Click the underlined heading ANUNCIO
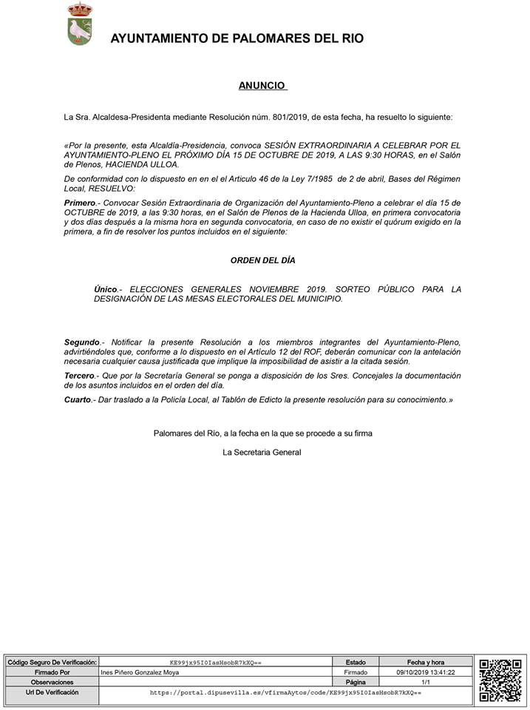(262, 86)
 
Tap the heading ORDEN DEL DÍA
(262, 260)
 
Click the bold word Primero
(81, 202)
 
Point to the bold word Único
(106, 289)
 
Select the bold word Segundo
(81, 342)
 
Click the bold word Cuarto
(77, 399)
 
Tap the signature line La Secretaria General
(262, 452)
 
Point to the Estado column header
(355, 662)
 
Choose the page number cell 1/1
(425, 683)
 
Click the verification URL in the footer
(285, 693)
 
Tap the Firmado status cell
(355, 672)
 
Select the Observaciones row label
(52, 683)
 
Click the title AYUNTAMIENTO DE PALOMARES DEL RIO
(237, 39)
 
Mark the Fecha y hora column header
(425, 662)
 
